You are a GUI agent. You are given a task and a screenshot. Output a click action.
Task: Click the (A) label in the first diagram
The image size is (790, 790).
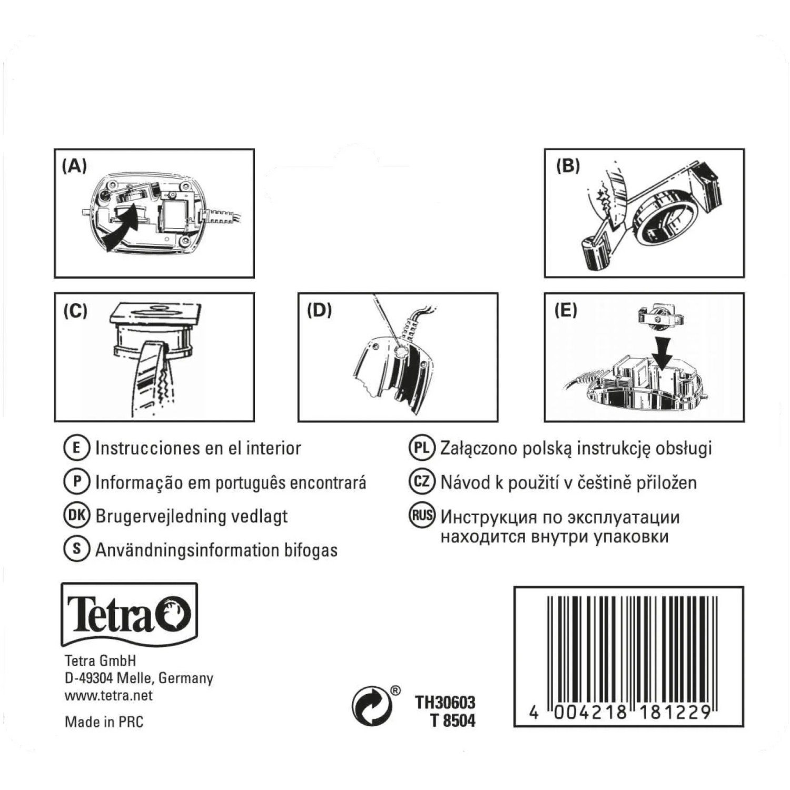pos(74,166)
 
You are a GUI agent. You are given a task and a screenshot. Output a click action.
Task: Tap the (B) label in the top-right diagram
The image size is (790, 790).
pos(568,166)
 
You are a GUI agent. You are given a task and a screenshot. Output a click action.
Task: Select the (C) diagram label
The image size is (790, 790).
pos(75,311)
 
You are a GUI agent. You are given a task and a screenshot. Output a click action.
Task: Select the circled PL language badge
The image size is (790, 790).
pos(422,448)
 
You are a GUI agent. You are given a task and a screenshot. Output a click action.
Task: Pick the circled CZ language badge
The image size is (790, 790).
pos(422,482)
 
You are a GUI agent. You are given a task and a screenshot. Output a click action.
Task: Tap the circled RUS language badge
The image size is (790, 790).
pos(422,516)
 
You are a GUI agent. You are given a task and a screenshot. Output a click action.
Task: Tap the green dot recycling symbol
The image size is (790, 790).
pos(372,706)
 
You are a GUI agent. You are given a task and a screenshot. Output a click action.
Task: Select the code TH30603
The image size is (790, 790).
pos(445,703)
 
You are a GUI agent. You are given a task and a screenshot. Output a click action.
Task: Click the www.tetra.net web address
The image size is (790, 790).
pos(108,695)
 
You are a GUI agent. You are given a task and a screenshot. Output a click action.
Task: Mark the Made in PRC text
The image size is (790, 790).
pos(104,722)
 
